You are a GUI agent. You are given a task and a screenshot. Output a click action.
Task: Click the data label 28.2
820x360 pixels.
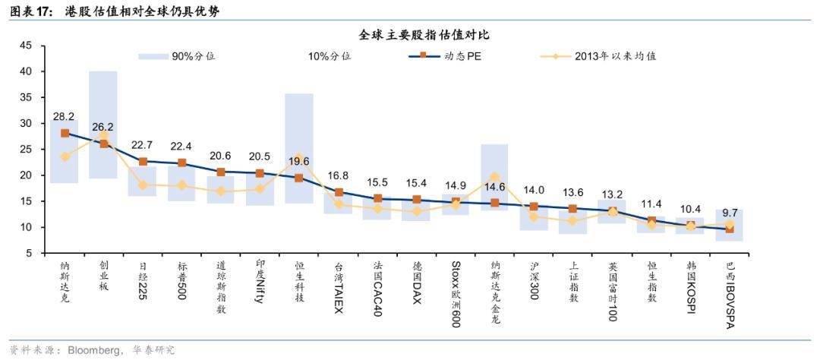tap(64, 117)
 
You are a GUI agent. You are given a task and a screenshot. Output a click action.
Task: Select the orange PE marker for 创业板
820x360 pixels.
tap(103, 144)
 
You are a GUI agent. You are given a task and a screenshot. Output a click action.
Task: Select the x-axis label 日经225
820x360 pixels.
tap(142, 282)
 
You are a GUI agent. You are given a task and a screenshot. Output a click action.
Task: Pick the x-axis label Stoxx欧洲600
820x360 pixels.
tap(456, 294)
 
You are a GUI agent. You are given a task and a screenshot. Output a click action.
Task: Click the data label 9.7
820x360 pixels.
tap(730, 213)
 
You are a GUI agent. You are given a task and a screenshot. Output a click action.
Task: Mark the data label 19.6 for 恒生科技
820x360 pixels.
tap(299, 161)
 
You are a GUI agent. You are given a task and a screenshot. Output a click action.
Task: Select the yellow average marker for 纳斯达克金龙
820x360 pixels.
tap(494, 177)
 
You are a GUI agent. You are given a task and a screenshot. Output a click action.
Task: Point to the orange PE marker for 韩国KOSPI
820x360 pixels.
tap(690, 226)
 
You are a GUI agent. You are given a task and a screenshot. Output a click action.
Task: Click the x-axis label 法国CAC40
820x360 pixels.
tap(377, 289)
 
